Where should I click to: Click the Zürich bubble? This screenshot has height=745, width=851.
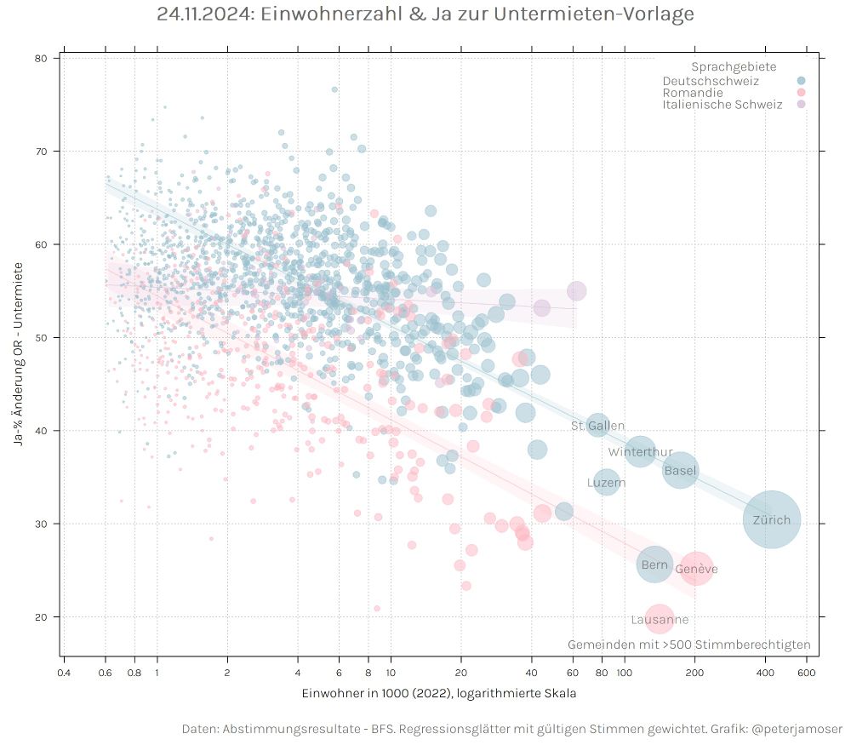click(x=772, y=519)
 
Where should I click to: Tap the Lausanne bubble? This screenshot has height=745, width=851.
click(x=660, y=620)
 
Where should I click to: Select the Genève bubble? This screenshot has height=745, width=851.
click(x=695, y=568)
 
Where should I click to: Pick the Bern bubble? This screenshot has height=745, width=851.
click(x=654, y=565)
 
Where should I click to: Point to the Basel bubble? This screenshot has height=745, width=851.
click(x=680, y=470)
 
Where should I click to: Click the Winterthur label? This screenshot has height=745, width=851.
click(x=640, y=452)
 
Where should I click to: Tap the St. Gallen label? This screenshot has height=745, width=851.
click(x=597, y=426)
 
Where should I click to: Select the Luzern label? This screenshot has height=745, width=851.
click(x=606, y=483)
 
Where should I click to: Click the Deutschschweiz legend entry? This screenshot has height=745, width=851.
click(x=711, y=81)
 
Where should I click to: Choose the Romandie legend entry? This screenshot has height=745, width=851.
click(x=693, y=92)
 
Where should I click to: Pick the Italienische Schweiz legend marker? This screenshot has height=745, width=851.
click(x=800, y=104)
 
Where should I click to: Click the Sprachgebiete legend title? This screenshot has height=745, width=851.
click(x=733, y=66)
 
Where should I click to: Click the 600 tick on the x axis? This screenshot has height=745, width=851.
click(x=807, y=673)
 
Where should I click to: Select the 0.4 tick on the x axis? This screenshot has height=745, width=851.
click(x=63, y=673)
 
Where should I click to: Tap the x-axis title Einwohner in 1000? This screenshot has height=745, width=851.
click(x=438, y=693)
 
